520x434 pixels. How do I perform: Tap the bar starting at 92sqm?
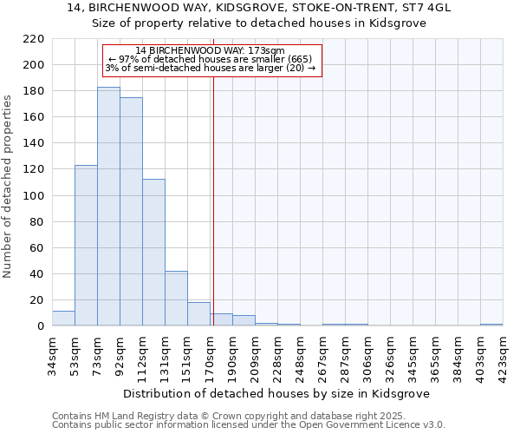(131, 212)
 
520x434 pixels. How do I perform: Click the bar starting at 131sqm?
(176, 299)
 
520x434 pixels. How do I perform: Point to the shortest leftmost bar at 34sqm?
(63, 319)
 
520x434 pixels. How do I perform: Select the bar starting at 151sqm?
(198, 314)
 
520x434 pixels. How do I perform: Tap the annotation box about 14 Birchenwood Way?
(212, 59)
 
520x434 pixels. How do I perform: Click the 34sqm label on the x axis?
(52, 352)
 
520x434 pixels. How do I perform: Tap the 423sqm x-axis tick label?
(503, 352)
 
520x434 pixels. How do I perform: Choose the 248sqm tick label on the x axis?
(300, 352)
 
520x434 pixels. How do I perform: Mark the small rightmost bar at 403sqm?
(491, 325)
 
